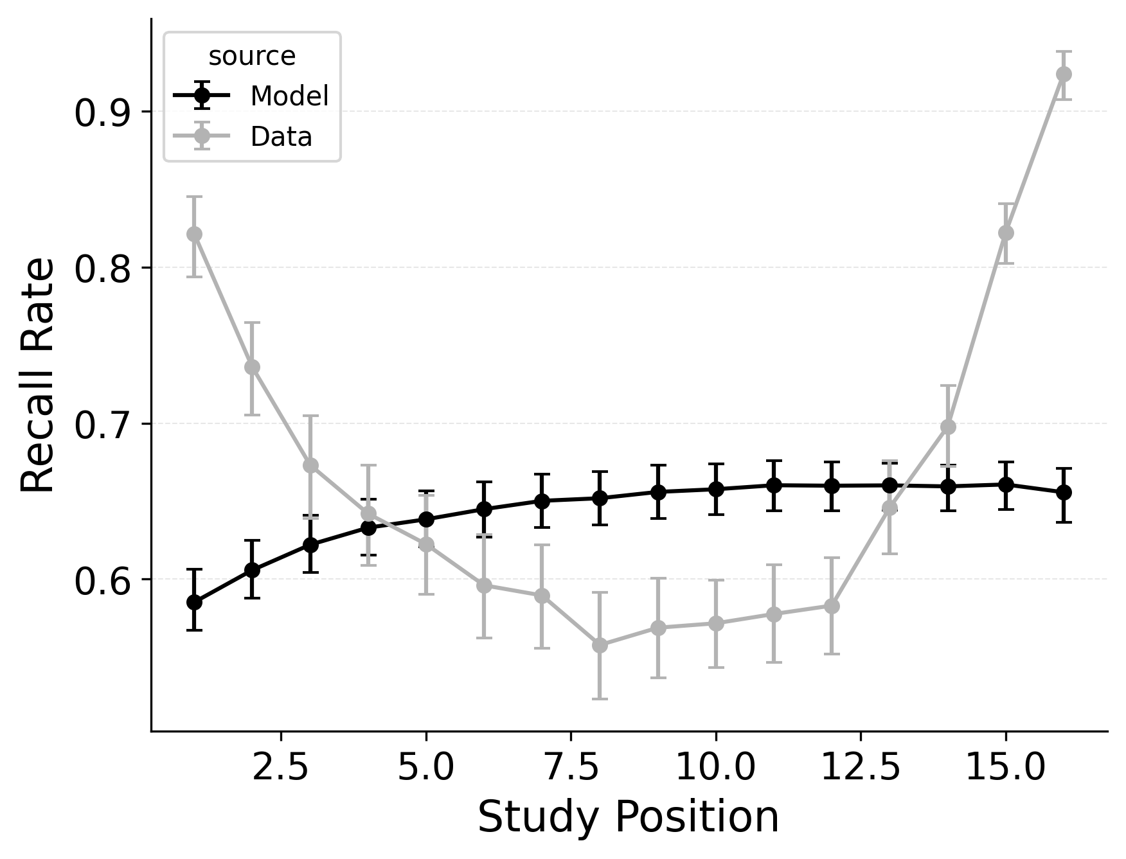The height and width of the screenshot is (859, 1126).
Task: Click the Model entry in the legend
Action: tap(289, 96)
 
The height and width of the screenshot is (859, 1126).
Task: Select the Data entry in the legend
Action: tap(281, 137)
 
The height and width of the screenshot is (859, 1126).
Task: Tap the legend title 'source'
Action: tap(252, 57)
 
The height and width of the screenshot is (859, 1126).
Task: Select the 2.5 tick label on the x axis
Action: tap(281, 768)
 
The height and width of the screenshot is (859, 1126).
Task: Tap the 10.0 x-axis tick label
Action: tap(715, 768)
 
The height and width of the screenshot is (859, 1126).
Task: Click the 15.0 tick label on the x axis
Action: tap(1005, 768)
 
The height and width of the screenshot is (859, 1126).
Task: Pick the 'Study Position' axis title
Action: tap(628, 818)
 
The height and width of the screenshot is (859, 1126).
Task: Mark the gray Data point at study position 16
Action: tap(1064, 74)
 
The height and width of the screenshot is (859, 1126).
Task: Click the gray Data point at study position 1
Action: tap(194, 234)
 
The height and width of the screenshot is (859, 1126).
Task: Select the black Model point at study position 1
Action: tap(194, 602)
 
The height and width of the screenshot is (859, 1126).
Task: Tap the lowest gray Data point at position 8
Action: tap(600, 645)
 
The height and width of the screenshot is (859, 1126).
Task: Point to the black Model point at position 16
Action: tap(1064, 492)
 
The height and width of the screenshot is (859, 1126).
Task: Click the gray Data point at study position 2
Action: tap(252, 367)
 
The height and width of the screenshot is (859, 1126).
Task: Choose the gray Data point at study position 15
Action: tap(1006, 233)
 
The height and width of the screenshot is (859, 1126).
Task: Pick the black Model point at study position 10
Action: tap(715, 489)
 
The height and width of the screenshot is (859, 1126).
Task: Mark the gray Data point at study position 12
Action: tap(832, 606)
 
